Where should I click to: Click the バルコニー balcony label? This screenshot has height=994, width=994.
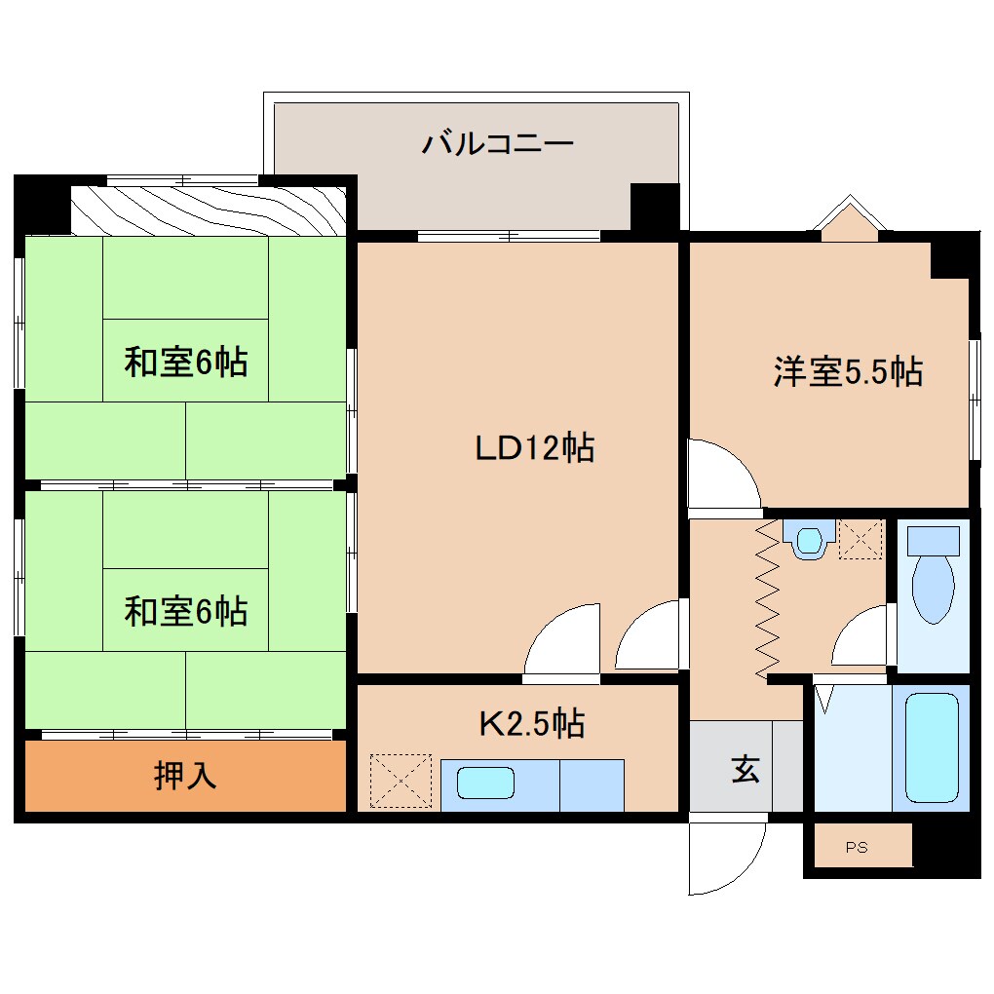(x=498, y=144)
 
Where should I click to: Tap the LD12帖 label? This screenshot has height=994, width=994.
(x=534, y=447)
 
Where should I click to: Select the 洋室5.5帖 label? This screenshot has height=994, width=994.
(x=848, y=371)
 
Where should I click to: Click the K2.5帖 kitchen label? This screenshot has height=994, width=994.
(x=531, y=723)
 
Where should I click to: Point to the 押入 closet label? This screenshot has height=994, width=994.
(x=185, y=775)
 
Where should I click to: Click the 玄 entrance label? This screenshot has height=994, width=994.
(x=745, y=770)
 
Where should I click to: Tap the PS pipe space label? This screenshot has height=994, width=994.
(x=856, y=848)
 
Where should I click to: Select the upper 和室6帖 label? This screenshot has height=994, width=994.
(x=185, y=363)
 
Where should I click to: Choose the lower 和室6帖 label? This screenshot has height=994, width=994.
(x=185, y=612)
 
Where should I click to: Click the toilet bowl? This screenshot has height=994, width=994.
(x=933, y=585)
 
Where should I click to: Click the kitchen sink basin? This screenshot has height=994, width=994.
(x=485, y=783)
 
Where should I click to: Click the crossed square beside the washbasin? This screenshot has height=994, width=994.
(x=860, y=539)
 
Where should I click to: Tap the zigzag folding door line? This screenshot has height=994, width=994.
(x=768, y=598)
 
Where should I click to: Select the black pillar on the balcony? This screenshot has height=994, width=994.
(x=654, y=206)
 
